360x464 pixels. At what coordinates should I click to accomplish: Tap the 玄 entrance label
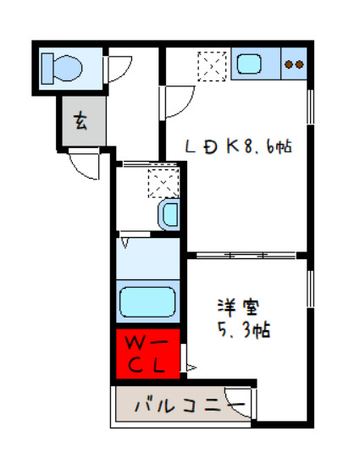click(80, 121)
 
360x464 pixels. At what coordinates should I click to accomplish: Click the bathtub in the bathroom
click(147, 301)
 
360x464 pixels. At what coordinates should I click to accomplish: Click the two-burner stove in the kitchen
click(293, 64)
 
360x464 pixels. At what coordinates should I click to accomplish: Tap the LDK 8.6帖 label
click(240, 146)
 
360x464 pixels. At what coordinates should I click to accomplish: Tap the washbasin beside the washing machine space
click(169, 214)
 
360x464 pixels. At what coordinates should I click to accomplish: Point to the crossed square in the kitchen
click(208, 64)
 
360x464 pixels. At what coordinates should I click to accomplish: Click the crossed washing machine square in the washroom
click(160, 182)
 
